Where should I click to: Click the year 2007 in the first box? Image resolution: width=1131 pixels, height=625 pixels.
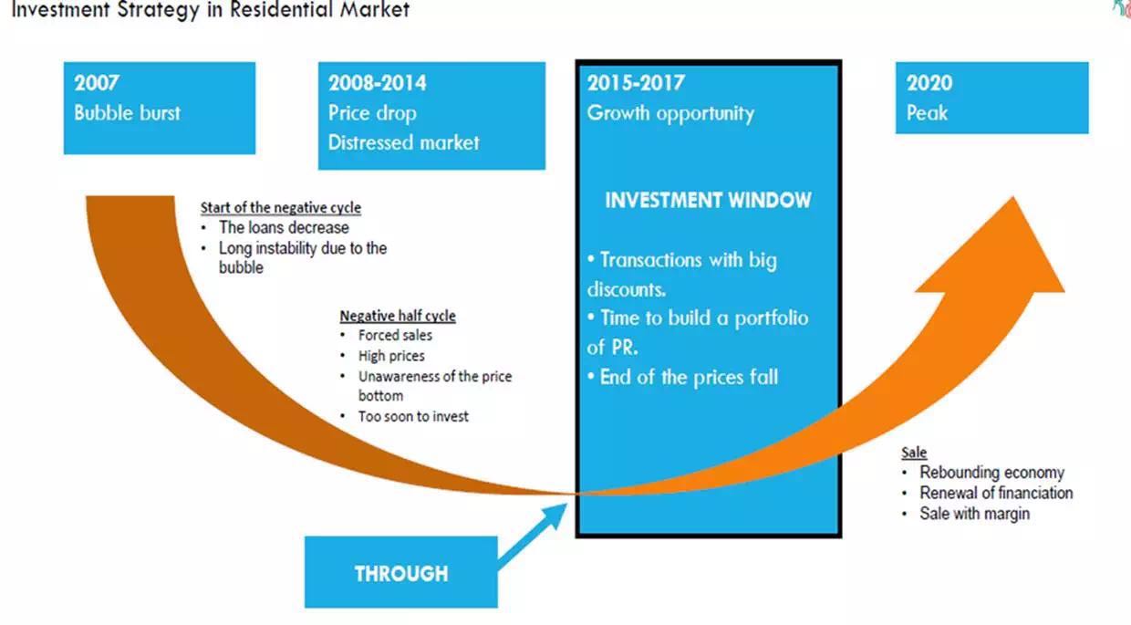coord(97,83)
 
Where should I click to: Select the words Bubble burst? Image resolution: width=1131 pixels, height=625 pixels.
coord(128,112)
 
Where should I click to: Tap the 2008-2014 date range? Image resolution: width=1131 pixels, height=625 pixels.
coord(378,83)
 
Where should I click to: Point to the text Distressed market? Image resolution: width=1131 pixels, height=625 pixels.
coord(403,142)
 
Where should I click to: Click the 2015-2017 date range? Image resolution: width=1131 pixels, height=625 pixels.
coord(636,83)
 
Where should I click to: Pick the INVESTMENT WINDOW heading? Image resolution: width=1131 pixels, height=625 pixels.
coord(708,200)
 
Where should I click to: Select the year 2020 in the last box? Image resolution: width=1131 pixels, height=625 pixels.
coord(929,83)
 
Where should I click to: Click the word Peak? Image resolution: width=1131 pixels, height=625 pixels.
coord(927,112)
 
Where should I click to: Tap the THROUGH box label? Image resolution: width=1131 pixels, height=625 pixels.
coord(401,574)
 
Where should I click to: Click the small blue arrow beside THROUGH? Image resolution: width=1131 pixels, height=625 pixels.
coord(533,536)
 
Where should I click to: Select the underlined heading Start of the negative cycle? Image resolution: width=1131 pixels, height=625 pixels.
coord(281,207)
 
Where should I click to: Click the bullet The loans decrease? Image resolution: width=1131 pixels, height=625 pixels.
coord(284,227)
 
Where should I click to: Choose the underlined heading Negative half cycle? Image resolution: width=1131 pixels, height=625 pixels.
coord(398,316)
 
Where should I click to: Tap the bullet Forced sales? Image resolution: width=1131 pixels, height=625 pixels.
coord(395,335)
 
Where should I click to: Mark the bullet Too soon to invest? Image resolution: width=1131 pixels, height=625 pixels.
coord(413,416)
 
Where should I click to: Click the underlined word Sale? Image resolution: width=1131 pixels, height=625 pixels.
coord(914,453)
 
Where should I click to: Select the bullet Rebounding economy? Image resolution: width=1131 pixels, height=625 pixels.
coord(991,473)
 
